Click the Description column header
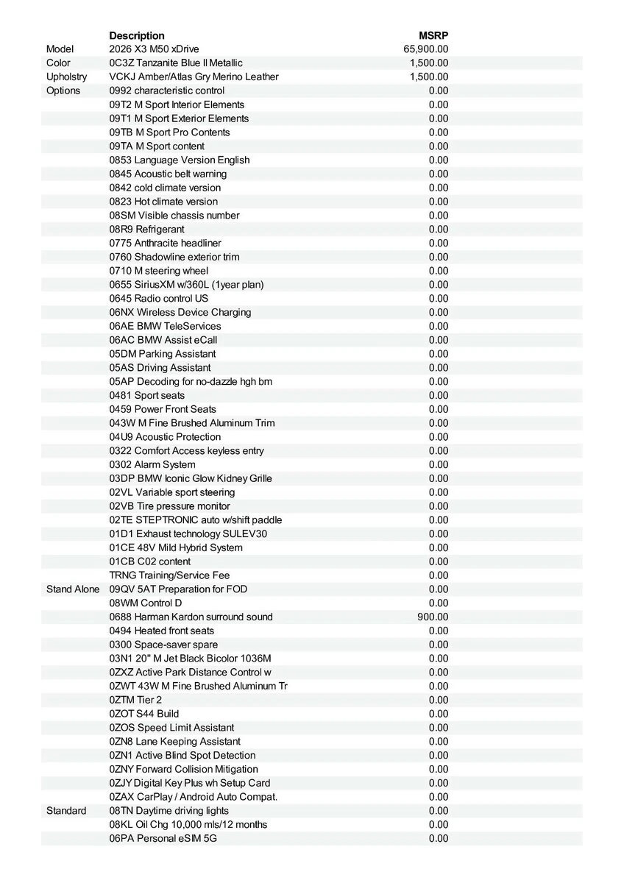137,35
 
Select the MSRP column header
433,35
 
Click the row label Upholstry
66,77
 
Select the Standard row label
66,811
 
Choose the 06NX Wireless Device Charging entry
180,312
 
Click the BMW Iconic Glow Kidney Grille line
191,478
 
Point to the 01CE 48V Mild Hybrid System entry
176,547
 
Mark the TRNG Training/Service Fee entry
169,575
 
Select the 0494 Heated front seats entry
162,631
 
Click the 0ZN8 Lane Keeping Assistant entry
174,742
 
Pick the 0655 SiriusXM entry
186,285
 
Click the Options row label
63,91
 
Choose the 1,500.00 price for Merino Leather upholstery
428,77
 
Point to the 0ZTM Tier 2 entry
135,700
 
